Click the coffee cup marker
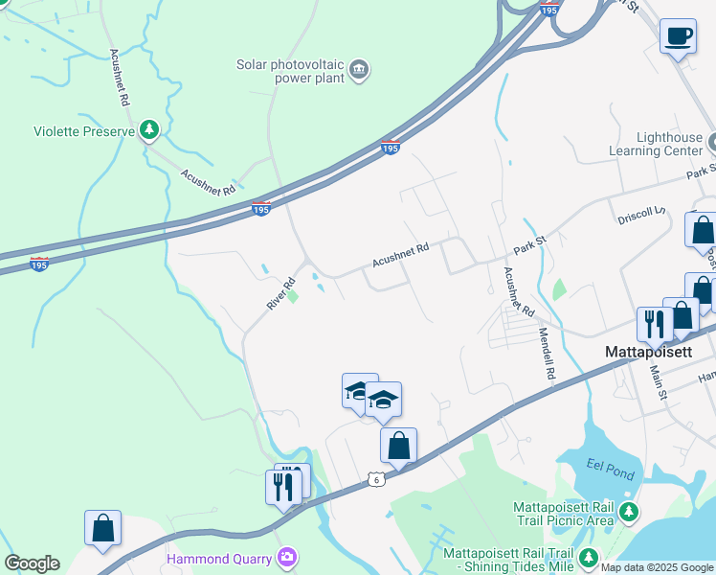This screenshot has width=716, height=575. click(678, 36)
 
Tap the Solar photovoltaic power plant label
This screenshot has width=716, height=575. click(290, 72)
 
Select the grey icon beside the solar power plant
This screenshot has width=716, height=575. click(360, 68)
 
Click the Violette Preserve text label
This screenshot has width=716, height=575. click(84, 131)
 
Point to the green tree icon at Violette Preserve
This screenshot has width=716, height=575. click(148, 129)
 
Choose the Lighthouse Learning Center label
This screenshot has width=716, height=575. click(656, 145)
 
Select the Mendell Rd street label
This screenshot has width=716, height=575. click(546, 357)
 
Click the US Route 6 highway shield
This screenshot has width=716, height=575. click(377, 478)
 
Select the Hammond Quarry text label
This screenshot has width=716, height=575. click(219, 558)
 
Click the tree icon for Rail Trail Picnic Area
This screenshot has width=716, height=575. click(629, 512)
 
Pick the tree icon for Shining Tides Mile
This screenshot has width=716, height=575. click(589, 557)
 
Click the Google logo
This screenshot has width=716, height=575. click(32, 563)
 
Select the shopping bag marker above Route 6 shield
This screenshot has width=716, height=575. click(398, 446)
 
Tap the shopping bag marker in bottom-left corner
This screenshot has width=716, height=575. click(103, 528)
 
